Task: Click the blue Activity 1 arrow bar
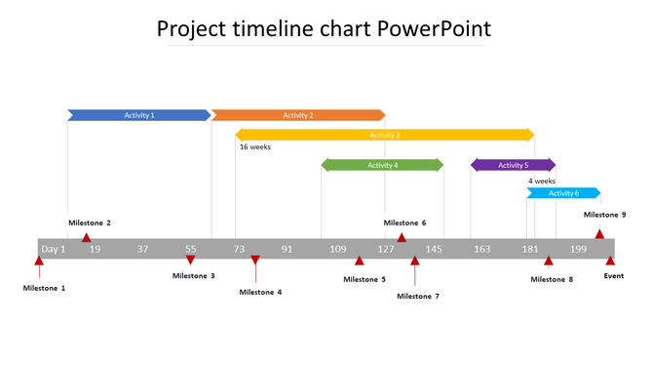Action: pos(138,115)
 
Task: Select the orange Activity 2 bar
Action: pos(298,115)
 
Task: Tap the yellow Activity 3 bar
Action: pos(385,135)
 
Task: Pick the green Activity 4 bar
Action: pos(382,165)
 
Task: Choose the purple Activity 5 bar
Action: pos(513,165)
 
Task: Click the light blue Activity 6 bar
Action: pos(563,193)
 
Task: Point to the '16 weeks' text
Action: pos(255,147)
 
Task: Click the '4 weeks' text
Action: pos(542,181)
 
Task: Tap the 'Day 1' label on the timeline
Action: pos(53,249)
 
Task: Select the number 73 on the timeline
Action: pos(239,249)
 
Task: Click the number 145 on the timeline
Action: pos(434,249)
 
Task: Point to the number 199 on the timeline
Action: pos(578,249)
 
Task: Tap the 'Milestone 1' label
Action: pos(45,288)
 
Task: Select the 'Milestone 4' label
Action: pos(260,292)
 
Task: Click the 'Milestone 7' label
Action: pos(418,296)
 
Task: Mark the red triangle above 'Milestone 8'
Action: pos(549,261)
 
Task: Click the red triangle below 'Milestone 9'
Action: pos(599,233)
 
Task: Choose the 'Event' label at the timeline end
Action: pos(614,276)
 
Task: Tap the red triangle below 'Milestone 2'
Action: pos(86,237)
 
